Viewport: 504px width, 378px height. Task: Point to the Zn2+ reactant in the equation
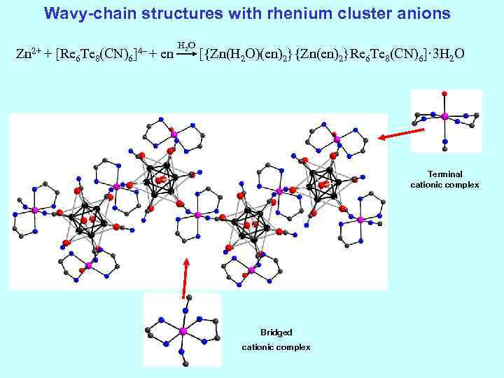click(30, 53)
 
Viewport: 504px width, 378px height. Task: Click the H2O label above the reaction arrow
click(185, 45)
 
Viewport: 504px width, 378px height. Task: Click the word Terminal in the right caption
click(444, 174)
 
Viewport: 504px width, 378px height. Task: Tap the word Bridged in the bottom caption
click(276, 332)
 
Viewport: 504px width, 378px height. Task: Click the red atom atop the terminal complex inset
click(443, 93)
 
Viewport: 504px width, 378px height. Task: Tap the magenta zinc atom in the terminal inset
click(443, 116)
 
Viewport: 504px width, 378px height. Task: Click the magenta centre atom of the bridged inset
click(183, 330)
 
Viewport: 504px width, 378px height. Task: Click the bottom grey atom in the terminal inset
click(444, 148)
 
